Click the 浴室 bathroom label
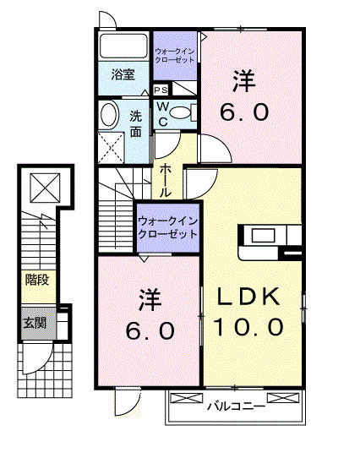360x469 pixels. point(123,75)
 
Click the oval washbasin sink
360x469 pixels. point(109,115)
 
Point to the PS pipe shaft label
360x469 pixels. point(161,90)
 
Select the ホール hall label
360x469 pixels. point(166,180)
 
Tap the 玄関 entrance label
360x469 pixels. point(34,323)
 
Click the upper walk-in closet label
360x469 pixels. point(174,57)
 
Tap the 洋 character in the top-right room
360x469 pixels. point(245,83)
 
